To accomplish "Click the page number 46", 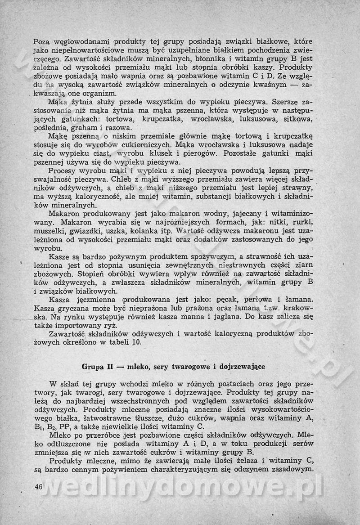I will click(38, 487).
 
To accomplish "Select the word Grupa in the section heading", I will click(91, 366).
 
